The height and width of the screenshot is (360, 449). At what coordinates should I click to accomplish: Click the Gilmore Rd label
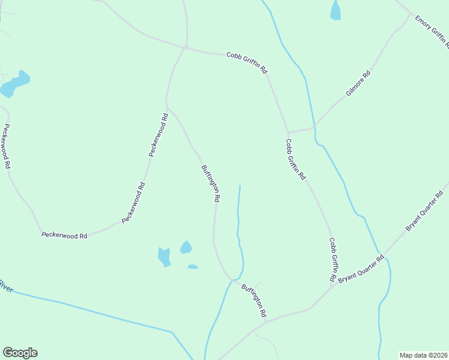(358, 84)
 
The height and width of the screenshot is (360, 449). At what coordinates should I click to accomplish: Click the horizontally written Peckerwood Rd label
(64, 236)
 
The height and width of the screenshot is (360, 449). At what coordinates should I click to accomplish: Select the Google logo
(20, 353)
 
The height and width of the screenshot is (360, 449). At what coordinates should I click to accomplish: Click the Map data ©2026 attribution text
(423, 355)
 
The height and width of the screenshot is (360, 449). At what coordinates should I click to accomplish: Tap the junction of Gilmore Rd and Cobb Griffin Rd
(289, 132)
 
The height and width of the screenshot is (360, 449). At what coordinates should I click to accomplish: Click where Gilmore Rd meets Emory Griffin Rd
(412, 14)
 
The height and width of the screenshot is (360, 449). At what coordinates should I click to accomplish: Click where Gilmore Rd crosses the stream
(313, 127)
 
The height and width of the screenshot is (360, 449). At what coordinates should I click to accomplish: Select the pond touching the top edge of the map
(335, 10)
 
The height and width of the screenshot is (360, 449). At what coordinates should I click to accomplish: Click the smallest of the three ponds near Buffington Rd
(192, 266)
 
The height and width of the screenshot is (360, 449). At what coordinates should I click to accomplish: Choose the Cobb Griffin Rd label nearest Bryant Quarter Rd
(332, 260)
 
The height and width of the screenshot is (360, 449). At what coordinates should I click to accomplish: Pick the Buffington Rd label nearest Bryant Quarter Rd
(254, 301)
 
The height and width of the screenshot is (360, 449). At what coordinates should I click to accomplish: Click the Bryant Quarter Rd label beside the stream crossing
(360, 271)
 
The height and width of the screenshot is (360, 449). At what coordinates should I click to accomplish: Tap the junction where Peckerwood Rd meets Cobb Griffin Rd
(186, 47)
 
